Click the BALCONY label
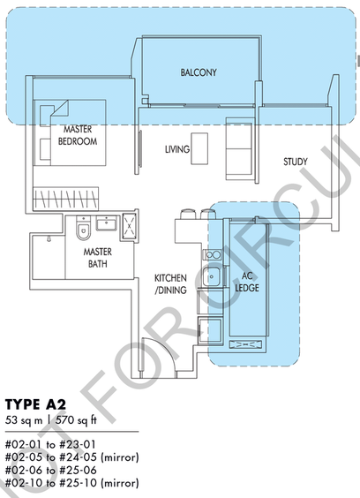[199, 72]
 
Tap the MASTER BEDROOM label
[78, 135]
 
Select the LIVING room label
[177, 149]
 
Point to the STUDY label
[296, 162]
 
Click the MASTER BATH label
[98, 258]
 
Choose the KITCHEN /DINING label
[170, 284]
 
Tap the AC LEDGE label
[247, 282]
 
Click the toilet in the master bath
[83, 228]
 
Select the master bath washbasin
[107, 223]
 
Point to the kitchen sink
[211, 276]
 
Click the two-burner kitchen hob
[213, 254]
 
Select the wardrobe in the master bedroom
[65, 199]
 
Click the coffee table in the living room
[199, 148]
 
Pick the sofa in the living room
[239, 148]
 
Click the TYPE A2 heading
[36, 405]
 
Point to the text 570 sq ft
[76, 420]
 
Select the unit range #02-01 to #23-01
[50, 444]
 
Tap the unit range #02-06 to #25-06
[51, 470]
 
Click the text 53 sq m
[24, 420]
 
